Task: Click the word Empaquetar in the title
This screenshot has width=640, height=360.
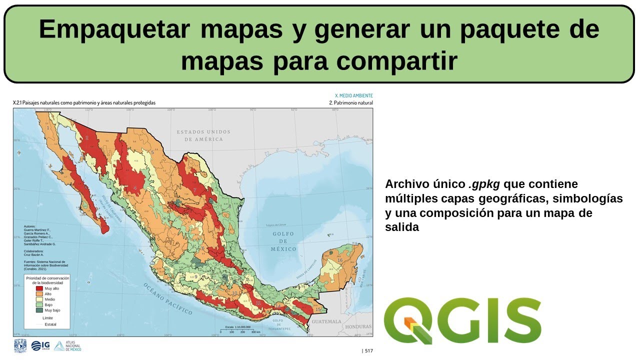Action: click(114, 30)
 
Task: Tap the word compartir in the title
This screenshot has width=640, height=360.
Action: click(396, 62)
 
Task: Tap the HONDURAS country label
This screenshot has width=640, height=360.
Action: click(358, 326)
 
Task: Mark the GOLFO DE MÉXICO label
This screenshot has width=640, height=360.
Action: click(283, 241)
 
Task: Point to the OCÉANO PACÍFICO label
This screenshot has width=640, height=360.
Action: click(167, 298)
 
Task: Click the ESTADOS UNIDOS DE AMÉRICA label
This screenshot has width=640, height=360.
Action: click(203, 135)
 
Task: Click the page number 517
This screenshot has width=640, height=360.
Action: click(367, 351)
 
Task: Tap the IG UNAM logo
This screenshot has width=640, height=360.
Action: click(40, 346)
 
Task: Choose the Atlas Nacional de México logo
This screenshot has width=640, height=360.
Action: click(67, 346)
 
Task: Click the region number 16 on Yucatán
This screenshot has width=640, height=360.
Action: click(339, 260)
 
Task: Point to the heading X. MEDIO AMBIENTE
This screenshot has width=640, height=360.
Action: click(353, 95)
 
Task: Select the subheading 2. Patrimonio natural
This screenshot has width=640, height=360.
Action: click(350, 102)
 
